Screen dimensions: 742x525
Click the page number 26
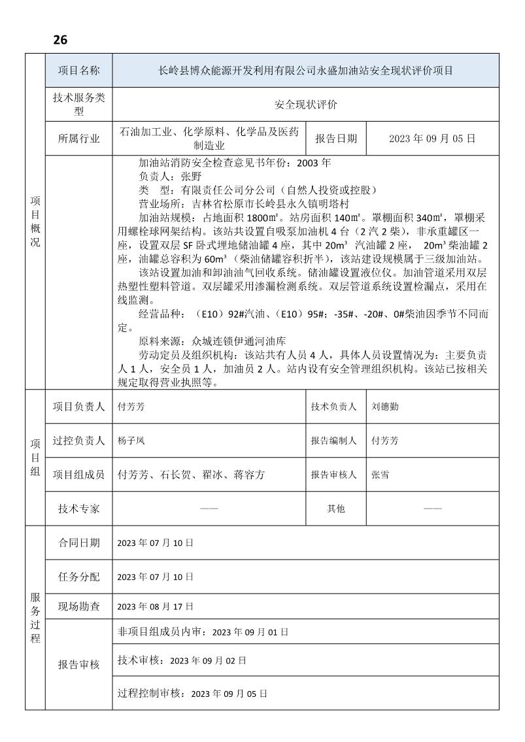coord(60,40)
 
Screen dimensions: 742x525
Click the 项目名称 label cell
coord(78,71)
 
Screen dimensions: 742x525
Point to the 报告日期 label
coord(336,139)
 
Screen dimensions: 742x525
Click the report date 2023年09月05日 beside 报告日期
coord(432,139)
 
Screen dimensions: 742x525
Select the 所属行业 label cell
coord(78,139)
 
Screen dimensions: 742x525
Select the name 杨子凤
coord(131,441)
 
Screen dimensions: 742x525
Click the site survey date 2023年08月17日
coord(155,607)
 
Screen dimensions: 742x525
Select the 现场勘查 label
coord(78,607)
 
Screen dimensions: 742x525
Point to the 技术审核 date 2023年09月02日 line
coord(182,661)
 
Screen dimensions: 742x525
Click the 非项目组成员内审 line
coord(203,632)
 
